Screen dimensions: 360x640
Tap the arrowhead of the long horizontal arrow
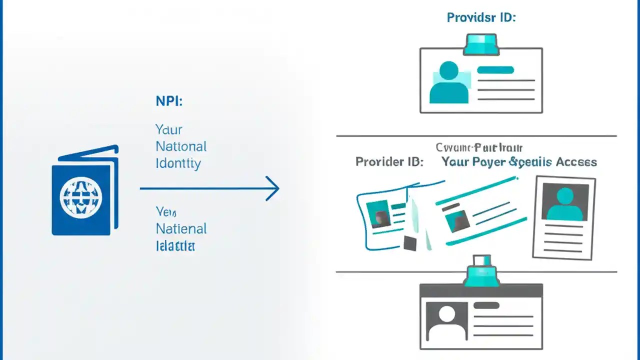272,188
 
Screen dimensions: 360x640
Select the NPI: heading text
169,101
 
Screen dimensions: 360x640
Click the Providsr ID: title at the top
481,17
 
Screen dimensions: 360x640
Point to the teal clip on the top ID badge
481,44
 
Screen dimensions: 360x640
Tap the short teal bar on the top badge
495,70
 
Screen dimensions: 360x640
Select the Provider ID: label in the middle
389,162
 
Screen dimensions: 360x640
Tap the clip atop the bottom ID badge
481,272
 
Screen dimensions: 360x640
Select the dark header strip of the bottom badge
481,290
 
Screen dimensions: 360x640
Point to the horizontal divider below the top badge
476,135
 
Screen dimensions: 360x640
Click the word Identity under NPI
178,163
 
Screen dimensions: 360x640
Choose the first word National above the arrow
181,146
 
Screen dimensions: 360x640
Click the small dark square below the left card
410,243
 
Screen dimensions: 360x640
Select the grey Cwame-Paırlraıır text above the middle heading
478,148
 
